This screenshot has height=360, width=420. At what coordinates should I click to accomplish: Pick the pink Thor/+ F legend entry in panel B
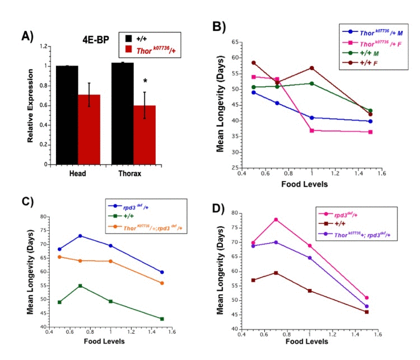[x=368, y=43]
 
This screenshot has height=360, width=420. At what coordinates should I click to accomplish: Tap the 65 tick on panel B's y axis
[x=234, y=42]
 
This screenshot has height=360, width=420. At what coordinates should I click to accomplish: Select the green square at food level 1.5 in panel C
[x=162, y=319]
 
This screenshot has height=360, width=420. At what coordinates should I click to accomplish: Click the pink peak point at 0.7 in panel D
[x=292, y=219]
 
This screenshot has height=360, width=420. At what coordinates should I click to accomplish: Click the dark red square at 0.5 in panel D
[x=256, y=280]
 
